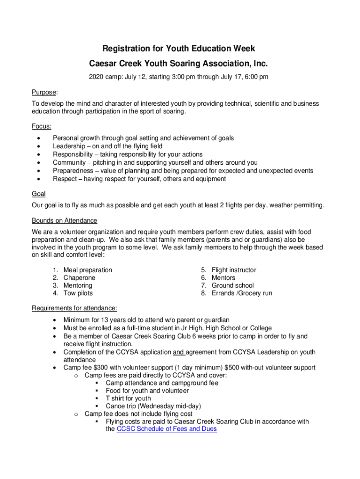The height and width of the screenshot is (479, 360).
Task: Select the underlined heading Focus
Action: click(x=41, y=126)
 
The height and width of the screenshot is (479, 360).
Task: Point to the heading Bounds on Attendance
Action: click(x=65, y=220)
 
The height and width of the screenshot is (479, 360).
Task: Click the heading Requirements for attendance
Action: click(x=74, y=308)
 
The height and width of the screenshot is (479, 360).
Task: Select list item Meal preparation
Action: click(x=88, y=270)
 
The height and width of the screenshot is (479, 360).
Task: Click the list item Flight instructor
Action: click(x=234, y=270)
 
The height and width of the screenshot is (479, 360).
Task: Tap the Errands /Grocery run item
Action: click(x=242, y=293)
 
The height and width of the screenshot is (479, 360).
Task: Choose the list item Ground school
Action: click(x=233, y=285)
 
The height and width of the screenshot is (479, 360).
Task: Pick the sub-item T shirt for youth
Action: click(x=128, y=399)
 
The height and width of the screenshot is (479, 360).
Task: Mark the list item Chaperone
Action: click(x=79, y=278)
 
